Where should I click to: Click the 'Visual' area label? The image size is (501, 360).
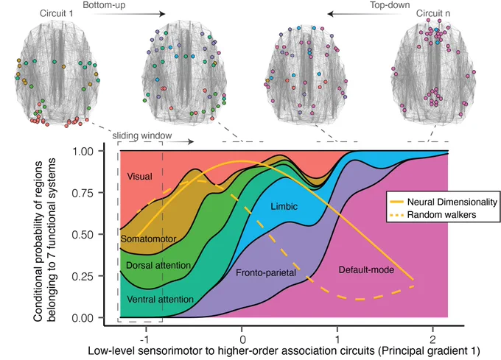(x=140, y=177)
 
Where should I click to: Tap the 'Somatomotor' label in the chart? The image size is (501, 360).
(x=148, y=239)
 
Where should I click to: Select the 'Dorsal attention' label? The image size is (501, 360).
(x=158, y=265)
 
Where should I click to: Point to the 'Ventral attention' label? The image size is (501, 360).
(x=160, y=300)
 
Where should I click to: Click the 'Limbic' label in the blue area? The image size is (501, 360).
(x=284, y=206)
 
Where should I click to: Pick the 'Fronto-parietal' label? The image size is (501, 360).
(x=266, y=273)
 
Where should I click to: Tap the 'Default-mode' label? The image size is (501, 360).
(x=366, y=270)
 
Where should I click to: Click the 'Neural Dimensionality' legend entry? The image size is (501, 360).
(x=452, y=202)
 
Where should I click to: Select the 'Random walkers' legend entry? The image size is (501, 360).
(x=441, y=215)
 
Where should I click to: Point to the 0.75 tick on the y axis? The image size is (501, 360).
(x=83, y=193)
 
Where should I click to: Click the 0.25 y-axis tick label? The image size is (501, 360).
(x=83, y=276)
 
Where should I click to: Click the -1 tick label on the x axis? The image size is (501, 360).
(x=145, y=339)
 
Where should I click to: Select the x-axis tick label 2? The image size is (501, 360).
(x=432, y=339)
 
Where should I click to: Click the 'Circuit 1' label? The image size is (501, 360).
(x=56, y=13)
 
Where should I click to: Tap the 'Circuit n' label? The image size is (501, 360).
(x=433, y=13)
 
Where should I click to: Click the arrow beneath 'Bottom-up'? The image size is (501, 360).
(x=124, y=14)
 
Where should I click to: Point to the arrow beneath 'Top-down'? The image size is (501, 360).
(x=368, y=14)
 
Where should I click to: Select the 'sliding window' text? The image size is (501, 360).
(x=142, y=135)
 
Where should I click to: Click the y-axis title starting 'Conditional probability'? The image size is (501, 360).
(x=44, y=241)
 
